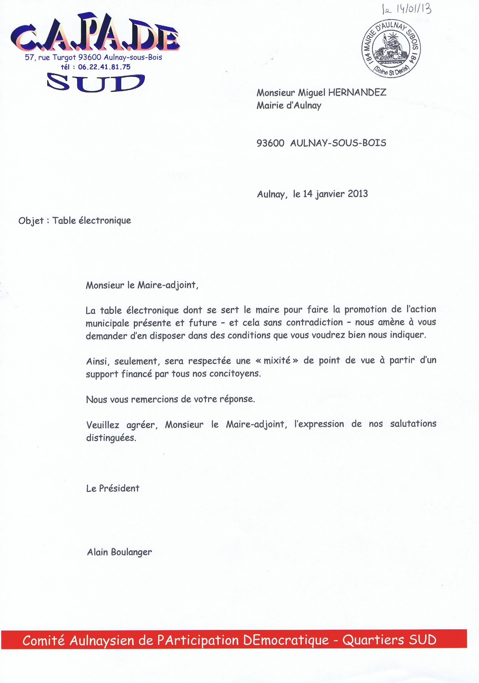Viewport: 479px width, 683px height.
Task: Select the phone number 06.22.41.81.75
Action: tap(104, 67)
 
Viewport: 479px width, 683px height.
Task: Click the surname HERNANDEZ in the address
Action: tap(357, 92)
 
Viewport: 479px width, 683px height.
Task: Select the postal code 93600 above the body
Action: tap(270, 143)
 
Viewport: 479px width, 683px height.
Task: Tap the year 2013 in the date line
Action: tap(358, 194)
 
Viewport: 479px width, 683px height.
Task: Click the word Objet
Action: tap(31, 221)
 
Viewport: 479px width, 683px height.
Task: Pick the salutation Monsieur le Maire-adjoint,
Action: tap(142, 285)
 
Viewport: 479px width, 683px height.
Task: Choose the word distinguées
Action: tap(111, 438)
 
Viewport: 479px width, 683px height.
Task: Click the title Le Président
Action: tap(113, 488)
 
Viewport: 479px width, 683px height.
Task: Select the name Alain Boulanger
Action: tap(119, 552)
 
